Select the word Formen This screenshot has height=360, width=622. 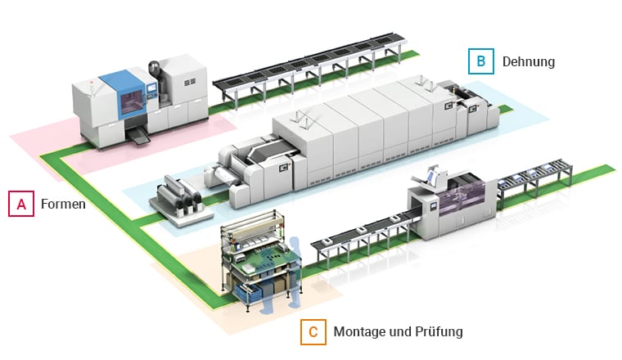tap(63, 205)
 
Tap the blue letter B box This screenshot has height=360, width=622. tap(480, 61)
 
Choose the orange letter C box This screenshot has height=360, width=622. tap(313, 331)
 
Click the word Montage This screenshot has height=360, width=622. tap(358, 332)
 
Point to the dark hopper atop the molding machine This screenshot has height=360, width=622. tap(155, 68)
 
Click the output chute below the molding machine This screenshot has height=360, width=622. tap(138, 140)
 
